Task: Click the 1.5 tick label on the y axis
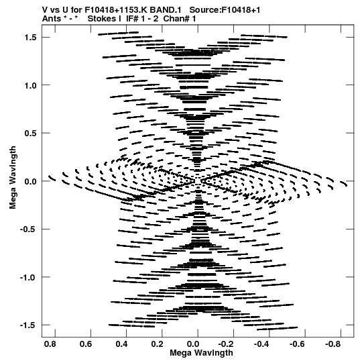tap(30, 38)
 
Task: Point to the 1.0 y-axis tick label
tap(30, 85)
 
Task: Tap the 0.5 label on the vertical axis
tap(30, 134)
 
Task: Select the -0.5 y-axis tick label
tap(28, 229)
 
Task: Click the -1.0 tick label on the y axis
tap(28, 277)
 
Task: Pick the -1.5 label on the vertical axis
tap(28, 325)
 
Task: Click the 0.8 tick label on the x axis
tap(50, 344)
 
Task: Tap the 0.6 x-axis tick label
tap(86, 344)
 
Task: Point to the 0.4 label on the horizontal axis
tap(121, 344)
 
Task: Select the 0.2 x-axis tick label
tap(157, 344)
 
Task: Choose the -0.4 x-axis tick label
tap(261, 344)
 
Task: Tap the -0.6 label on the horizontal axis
tap(297, 344)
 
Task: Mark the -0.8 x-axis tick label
tap(333, 344)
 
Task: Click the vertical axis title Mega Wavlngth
tap(13, 178)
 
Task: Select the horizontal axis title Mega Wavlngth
tap(201, 353)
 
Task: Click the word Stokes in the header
tap(104, 19)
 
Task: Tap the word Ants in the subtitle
tap(52, 19)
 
